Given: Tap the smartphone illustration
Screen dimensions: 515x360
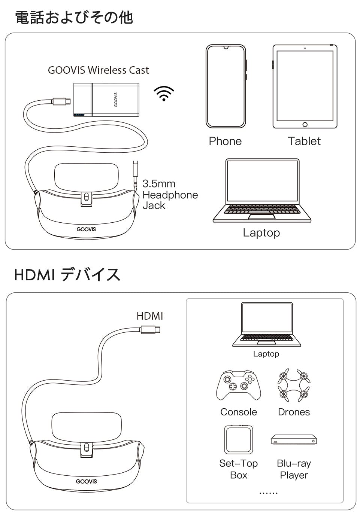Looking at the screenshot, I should (x=226, y=86).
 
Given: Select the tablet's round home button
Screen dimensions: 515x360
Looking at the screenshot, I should (x=305, y=125).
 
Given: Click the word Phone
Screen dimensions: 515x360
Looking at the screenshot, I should (x=225, y=141).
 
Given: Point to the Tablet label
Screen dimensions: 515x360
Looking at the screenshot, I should (x=304, y=141).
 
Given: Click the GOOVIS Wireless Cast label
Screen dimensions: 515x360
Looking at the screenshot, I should (x=98, y=70).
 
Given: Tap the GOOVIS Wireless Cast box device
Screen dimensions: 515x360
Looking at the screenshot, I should (x=106, y=100).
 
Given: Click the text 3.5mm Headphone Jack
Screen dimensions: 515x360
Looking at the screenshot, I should (x=170, y=195).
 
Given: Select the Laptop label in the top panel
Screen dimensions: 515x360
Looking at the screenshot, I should (x=261, y=232).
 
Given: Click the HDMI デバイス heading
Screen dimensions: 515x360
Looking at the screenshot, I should (x=67, y=275).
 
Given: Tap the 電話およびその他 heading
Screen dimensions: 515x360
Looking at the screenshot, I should (x=74, y=18).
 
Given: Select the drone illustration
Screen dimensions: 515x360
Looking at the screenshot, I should (x=294, y=385).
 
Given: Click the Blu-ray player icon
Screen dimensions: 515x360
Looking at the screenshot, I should (x=294, y=439).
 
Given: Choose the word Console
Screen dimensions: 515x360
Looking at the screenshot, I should (x=239, y=412).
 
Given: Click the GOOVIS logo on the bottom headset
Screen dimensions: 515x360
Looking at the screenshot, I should (x=87, y=481).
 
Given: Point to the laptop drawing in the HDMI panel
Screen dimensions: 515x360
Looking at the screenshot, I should (x=266, y=324).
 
